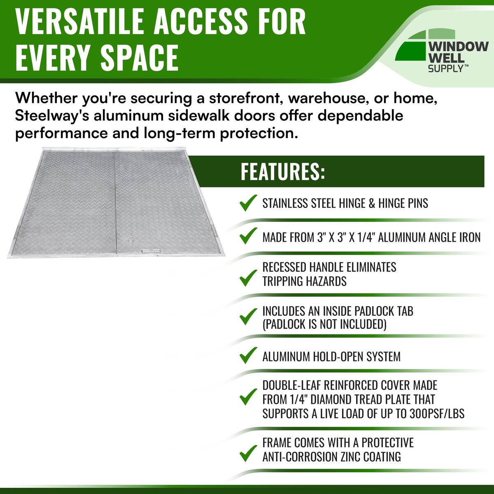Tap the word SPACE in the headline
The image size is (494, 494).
tap(139, 57)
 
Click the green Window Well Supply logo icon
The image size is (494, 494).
tap(425, 45)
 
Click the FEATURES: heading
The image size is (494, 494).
tap(283, 171)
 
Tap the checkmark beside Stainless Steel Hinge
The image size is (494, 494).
tap(248, 203)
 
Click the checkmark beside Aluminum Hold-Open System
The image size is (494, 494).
tap(248, 355)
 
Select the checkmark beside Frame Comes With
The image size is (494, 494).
tap(248, 453)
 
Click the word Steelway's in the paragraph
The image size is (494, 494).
tap(52, 116)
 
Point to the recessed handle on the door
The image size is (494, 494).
tap(151, 251)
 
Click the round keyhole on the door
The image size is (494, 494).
tap(131, 241)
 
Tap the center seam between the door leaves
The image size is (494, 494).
tap(115, 203)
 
